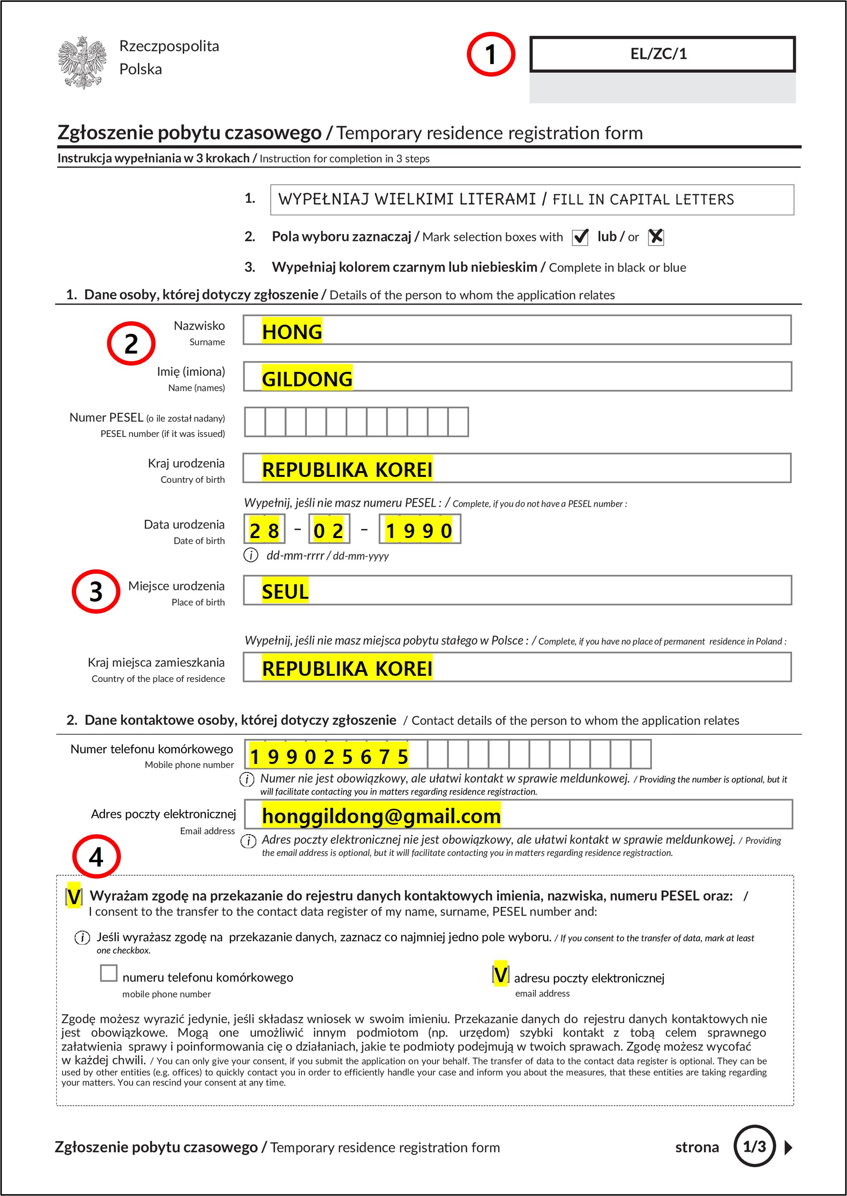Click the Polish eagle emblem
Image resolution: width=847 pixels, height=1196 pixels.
[x=82, y=62]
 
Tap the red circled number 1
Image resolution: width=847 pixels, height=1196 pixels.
[x=490, y=54]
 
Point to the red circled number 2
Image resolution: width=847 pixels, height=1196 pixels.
[x=131, y=343]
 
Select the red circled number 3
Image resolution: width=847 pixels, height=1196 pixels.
[x=96, y=591]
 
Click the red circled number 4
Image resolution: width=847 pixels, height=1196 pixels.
[x=96, y=856]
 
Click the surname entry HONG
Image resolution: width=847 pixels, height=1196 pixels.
[x=292, y=331]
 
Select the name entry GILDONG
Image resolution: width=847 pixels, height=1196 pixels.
[x=307, y=379]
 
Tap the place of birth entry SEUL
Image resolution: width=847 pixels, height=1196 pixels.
[x=285, y=591]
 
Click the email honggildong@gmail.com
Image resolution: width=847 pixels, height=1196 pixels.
[x=381, y=816]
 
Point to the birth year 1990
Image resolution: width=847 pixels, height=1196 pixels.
[x=419, y=530]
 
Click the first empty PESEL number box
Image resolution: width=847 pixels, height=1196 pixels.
[x=255, y=422]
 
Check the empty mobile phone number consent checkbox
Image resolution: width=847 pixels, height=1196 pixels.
[x=108, y=973]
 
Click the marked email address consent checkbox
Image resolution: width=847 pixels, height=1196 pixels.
[x=500, y=974]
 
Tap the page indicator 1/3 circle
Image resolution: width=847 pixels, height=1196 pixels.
[x=754, y=1146]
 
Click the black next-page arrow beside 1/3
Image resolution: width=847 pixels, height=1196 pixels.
[x=788, y=1147]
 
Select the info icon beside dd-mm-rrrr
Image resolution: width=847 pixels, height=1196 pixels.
[x=251, y=555]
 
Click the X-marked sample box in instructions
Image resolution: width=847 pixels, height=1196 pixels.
[x=656, y=237]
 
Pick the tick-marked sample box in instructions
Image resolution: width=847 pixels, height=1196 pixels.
[x=580, y=237]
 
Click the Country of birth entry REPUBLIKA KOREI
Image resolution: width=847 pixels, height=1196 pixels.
[x=347, y=469]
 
